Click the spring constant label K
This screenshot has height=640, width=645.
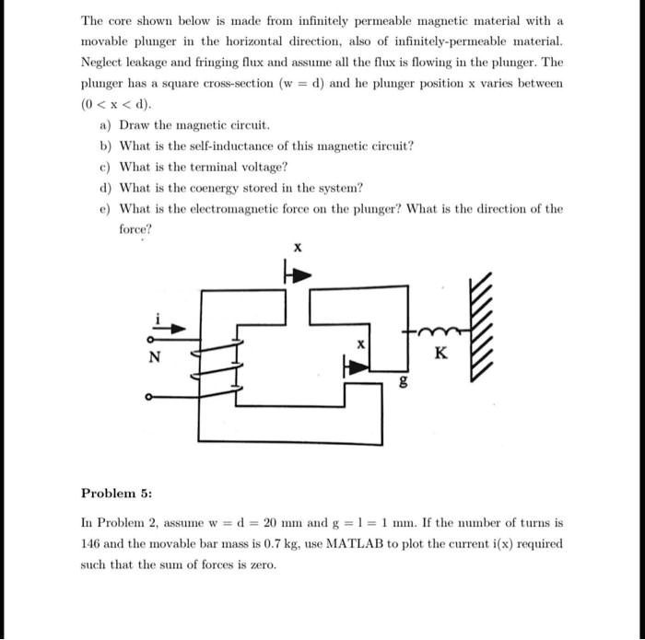click(440, 353)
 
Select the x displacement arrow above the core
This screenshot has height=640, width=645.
click(298, 273)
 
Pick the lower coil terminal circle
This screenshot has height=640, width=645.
click(149, 399)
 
